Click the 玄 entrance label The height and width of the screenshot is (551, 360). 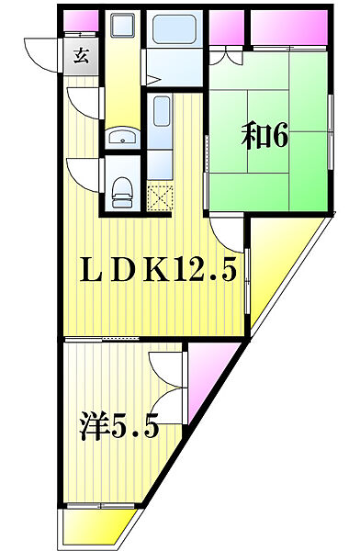(x=81, y=55)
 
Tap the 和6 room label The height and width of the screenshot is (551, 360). (x=265, y=135)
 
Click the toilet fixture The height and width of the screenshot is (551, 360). (x=120, y=191)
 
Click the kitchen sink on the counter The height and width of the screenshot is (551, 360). (x=161, y=118)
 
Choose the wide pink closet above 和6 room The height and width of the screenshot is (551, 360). (x=287, y=28)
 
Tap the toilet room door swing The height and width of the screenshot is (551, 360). (x=83, y=170)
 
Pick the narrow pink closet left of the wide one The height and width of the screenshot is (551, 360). (x=225, y=28)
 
